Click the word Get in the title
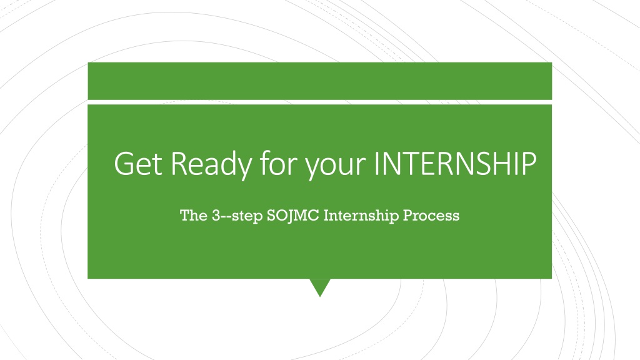pyautogui.click(x=138, y=164)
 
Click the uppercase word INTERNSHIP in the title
pyautogui.click(x=455, y=164)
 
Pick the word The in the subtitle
pyautogui.click(x=194, y=215)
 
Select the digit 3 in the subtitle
pyautogui.click(x=216, y=216)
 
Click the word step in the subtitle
pyautogui.click(x=247, y=216)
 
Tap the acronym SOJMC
pyautogui.click(x=292, y=216)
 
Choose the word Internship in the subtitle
pyautogui.click(x=361, y=216)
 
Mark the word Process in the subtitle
pyautogui.click(x=431, y=216)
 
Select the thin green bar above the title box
pyautogui.click(x=319, y=81)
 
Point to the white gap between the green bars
pyautogui.click(x=319, y=102)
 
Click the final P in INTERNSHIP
pyautogui.click(x=529, y=164)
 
